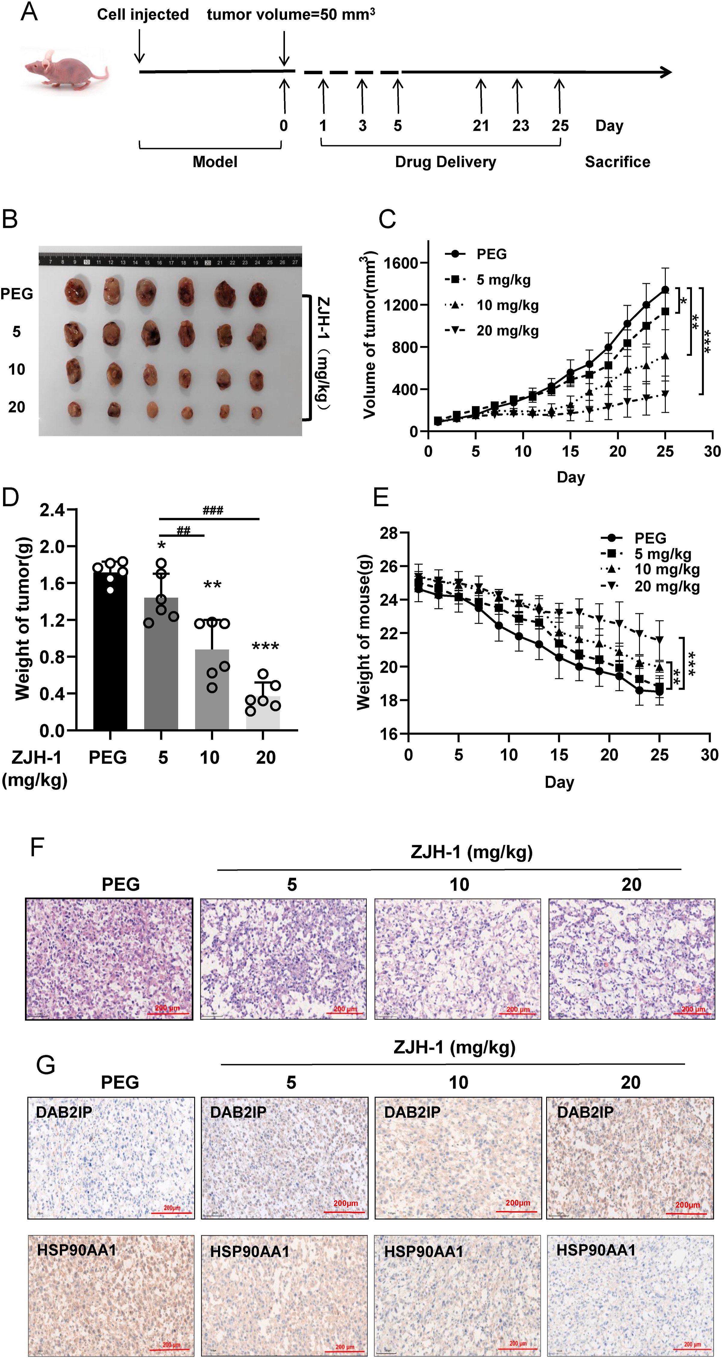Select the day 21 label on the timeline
click(480, 126)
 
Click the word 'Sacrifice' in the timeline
click(617, 162)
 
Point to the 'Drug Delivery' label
click(445, 162)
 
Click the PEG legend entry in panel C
click(491, 254)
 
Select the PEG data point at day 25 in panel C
click(665, 290)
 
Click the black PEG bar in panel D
click(110, 648)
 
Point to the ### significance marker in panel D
click(213, 510)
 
